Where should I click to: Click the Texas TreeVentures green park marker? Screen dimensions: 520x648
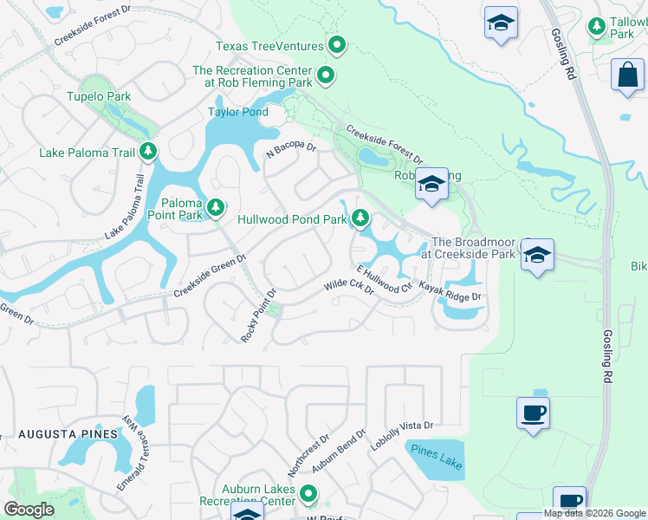click(337, 45)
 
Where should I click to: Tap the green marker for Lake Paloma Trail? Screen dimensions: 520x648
click(148, 153)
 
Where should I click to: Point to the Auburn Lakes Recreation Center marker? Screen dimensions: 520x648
click(309, 495)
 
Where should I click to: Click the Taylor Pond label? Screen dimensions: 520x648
click(237, 112)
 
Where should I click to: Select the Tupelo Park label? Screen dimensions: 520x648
click(98, 97)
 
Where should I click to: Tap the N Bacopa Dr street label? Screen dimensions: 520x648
click(292, 153)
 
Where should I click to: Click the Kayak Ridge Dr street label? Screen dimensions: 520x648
click(450, 291)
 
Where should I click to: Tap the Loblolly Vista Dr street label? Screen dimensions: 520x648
click(401, 435)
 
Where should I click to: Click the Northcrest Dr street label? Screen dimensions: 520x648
click(309, 452)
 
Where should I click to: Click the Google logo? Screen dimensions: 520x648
click(29, 509)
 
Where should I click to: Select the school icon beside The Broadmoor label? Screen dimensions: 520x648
click(537, 256)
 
